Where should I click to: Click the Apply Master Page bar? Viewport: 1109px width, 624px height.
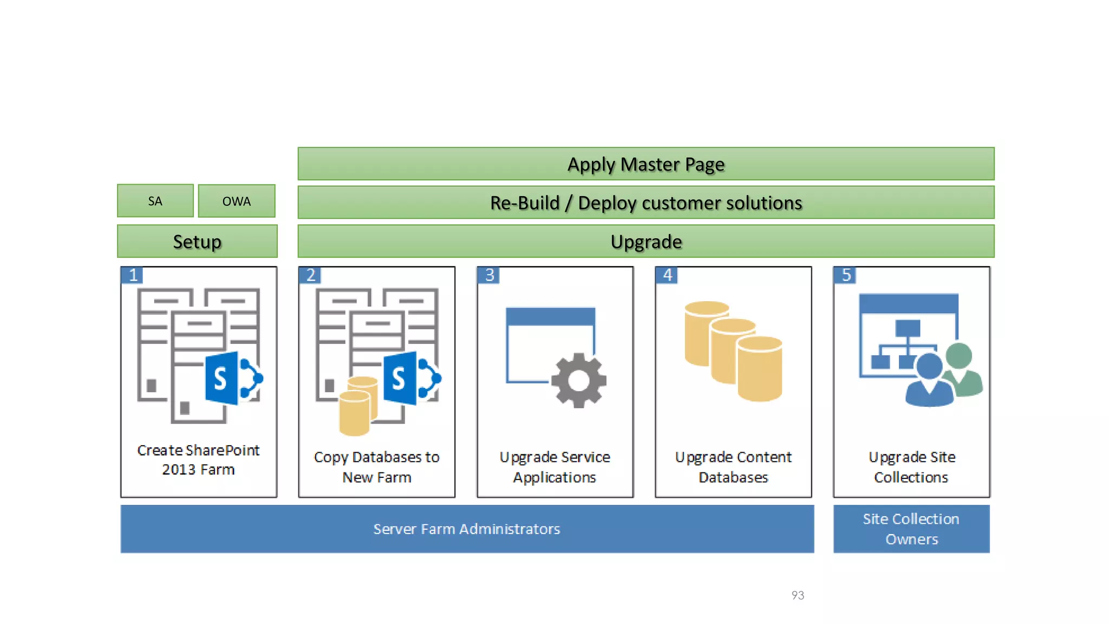pyautogui.click(x=645, y=164)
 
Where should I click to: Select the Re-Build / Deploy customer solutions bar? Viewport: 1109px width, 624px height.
pyautogui.click(x=645, y=203)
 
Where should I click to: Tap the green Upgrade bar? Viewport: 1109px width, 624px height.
pyautogui.click(x=645, y=242)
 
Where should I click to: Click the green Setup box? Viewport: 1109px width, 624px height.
pyautogui.click(x=197, y=242)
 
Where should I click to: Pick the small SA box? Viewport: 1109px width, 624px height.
pyautogui.click(x=155, y=201)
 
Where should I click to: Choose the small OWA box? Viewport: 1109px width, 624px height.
pyautogui.click(x=237, y=201)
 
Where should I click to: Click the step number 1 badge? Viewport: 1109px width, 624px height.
pyautogui.click(x=133, y=275)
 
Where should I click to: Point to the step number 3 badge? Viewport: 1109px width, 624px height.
pyautogui.click(x=489, y=275)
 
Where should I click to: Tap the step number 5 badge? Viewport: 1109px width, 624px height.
pyautogui.click(x=846, y=275)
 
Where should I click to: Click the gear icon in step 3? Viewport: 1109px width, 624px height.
pyautogui.click(x=578, y=380)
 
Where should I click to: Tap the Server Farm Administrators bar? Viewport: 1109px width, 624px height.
pyautogui.click(x=467, y=529)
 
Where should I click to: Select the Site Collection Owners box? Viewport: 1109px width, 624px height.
pyautogui.click(x=911, y=529)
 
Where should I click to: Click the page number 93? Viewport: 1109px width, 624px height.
pyautogui.click(x=798, y=595)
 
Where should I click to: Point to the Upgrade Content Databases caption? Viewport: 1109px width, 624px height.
pyautogui.click(x=733, y=467)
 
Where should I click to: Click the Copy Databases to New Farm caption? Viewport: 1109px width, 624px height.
pyautogui.click(x=376, y=467)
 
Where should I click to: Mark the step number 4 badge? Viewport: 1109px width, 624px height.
pyautogui.click(x=667, y=275)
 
